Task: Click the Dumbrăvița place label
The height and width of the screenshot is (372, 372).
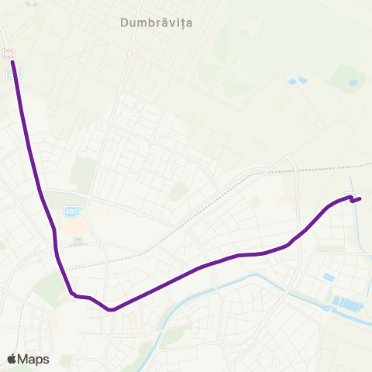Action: [157, 23]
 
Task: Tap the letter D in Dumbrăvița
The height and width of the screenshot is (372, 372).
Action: [125, 23]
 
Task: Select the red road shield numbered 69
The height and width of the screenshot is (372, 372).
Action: [9, 53]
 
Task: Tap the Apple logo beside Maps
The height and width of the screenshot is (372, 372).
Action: [12, 358]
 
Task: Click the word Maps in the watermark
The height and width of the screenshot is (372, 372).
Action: [34, 359]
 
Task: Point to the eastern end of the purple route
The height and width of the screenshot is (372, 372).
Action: [360, 198]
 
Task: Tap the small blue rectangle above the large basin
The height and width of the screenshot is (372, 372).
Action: [329, 277]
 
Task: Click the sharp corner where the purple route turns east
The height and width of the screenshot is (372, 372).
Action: [73, 294]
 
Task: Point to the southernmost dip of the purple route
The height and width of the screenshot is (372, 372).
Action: [112, 309]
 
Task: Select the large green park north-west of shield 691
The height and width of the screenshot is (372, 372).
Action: [82, 175]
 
